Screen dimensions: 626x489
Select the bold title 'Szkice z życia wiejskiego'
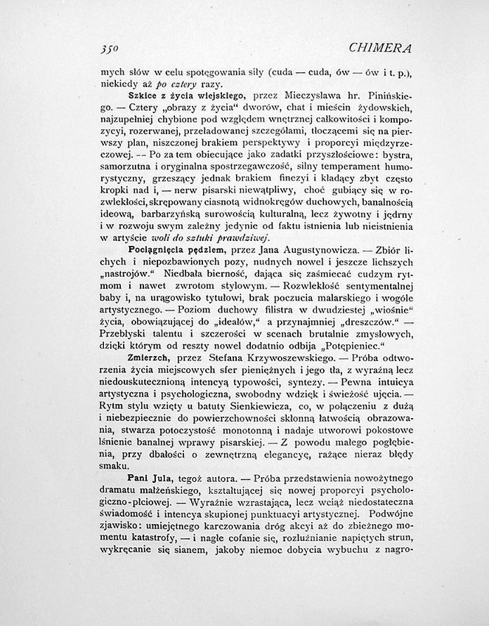click(x=185, y=93)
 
